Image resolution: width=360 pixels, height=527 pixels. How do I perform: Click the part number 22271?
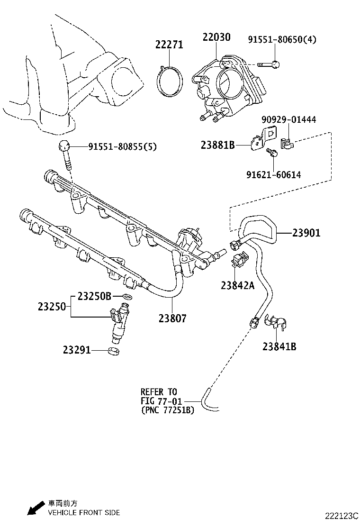coord(169,45)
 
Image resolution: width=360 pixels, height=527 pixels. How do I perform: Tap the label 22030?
coord(216,37)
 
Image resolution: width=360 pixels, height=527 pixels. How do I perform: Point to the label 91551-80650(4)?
coord(282,39)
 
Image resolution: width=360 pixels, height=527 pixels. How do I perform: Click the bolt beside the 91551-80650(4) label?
coord(270,64)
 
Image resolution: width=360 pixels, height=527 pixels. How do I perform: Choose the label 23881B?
coord(217,145)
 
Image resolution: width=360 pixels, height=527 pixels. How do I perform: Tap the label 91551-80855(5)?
coord(122,147)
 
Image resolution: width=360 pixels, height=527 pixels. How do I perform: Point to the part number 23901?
coord(306,233)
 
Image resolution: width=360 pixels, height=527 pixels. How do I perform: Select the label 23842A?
coord(237,285)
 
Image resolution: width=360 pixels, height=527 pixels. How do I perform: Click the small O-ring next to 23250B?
coord(126,297)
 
